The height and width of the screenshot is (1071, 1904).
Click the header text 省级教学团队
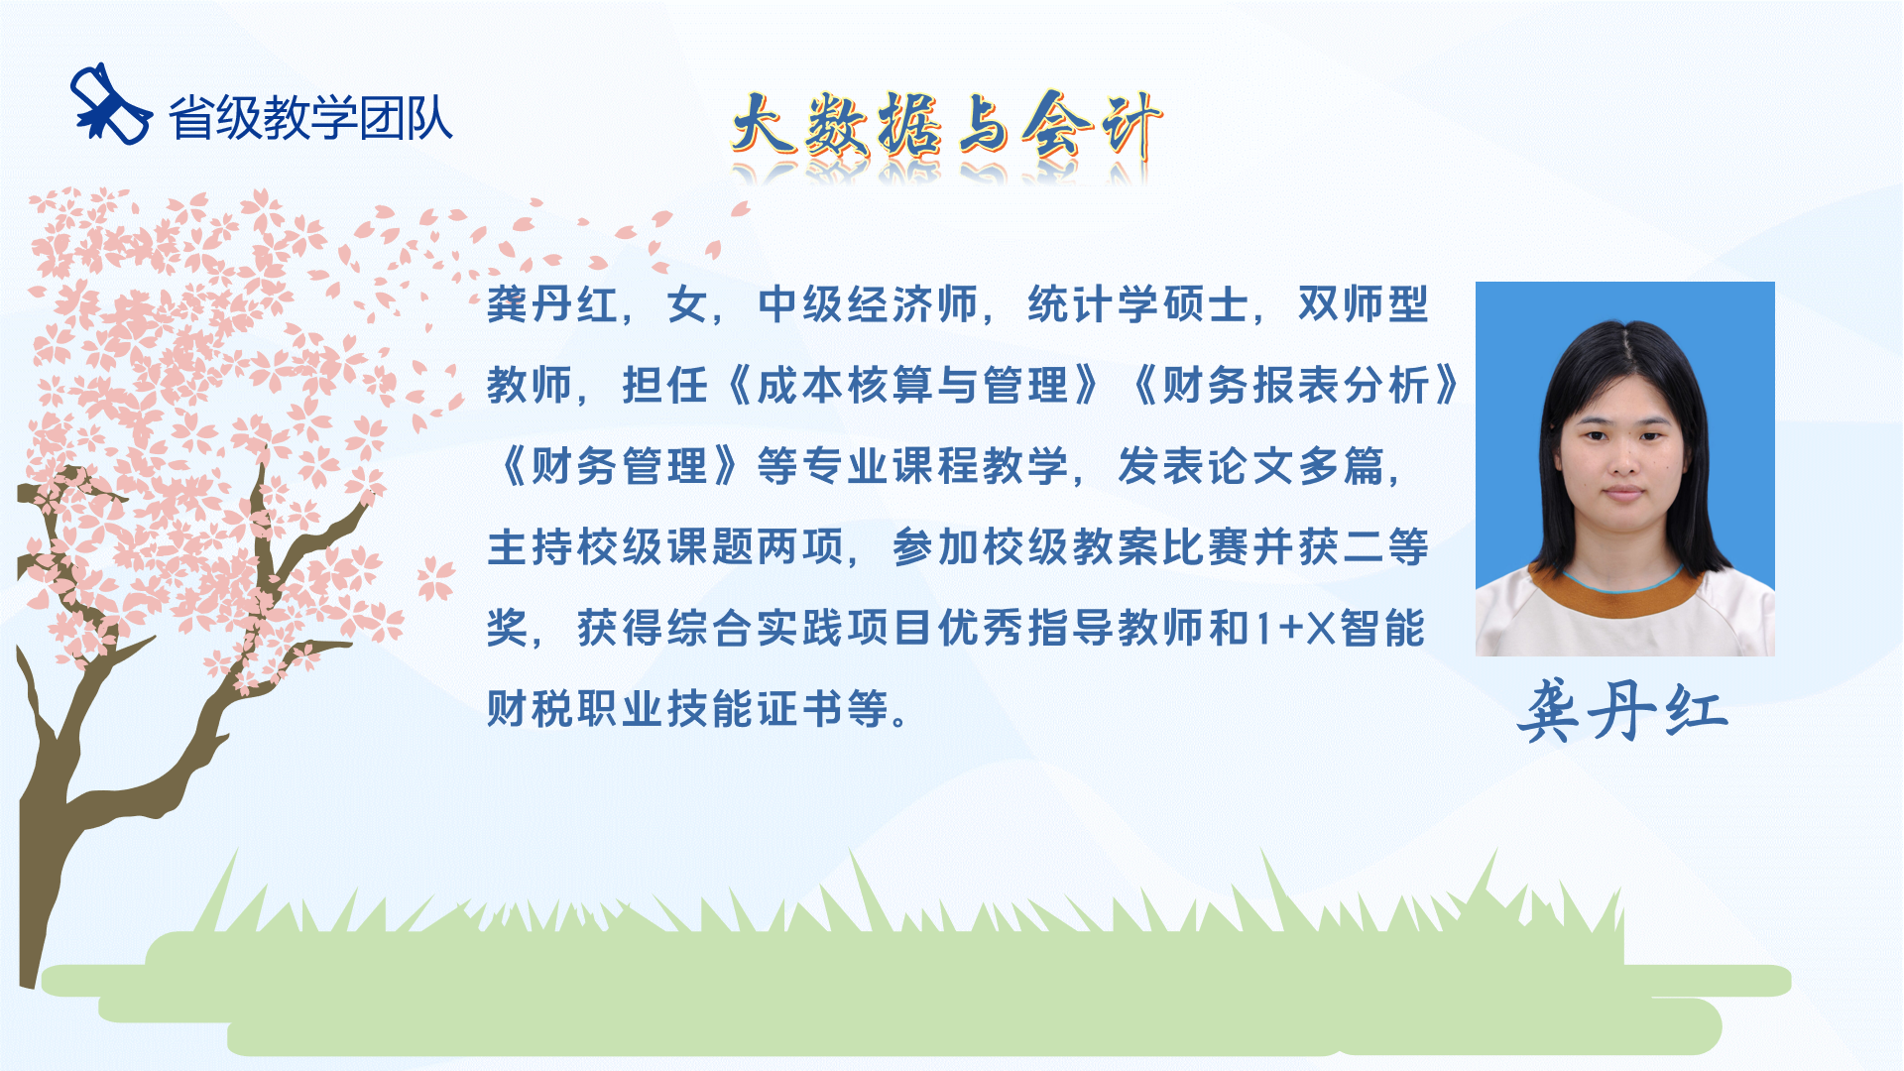pyautogui.click(x=310, y=118)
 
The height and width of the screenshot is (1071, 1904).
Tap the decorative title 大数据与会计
pyautogui.click(x=947, y=127)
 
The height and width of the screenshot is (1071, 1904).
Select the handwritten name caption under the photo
pyautogui.click(x=1622, y=711)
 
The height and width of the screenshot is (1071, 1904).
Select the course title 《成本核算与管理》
pyautogui.click(x=913, y=386)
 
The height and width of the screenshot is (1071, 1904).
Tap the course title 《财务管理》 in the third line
pyautogui.click(x=619, y=466)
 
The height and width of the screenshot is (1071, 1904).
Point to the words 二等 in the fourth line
pyautogui.click(x=1385, y=547)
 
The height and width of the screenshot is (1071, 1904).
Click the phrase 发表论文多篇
pyautogui.click(x=1250, y=466)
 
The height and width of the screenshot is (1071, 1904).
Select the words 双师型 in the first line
pyautogui.click(x=1364, y=304)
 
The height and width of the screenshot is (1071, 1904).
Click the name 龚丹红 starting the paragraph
pyautogui.click(x=552, y=304)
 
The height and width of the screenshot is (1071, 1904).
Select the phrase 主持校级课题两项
pyautogui.click(x=665, y=547)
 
